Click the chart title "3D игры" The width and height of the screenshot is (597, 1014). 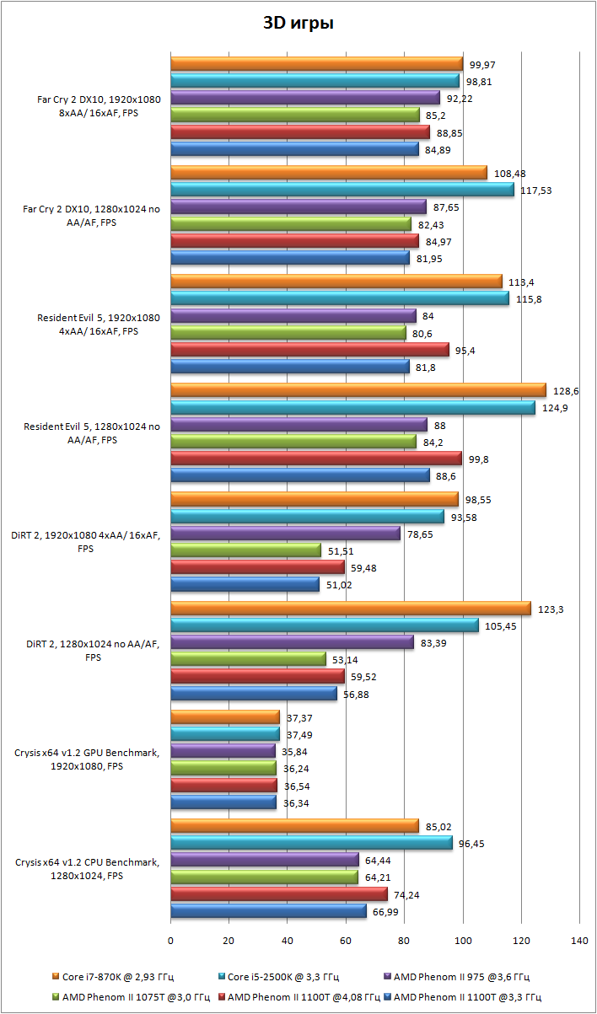pos(298,24)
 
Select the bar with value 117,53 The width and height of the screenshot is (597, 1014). pos(342,190)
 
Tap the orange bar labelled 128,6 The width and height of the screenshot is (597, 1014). pos(358,390)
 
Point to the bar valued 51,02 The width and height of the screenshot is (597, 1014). pos(245,584)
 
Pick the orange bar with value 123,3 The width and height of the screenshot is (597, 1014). pos(351,609)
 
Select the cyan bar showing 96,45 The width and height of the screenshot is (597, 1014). pos(311,843)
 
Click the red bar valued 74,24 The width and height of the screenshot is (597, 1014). pos(279,894)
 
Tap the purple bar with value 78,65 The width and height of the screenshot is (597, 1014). pos(285,534)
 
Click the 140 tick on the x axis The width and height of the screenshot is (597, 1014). pos(579,939)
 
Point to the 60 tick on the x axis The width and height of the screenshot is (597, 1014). pos(346,939)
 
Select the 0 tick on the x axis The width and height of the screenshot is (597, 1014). pos(171,939)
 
